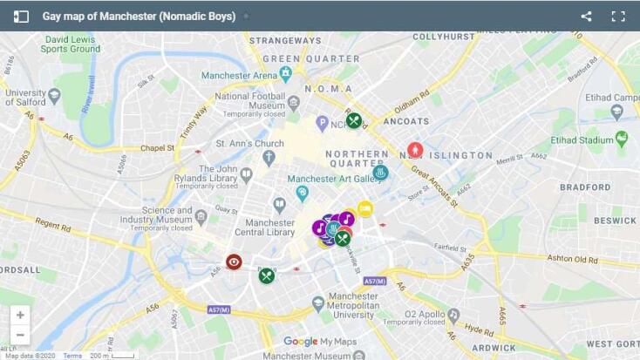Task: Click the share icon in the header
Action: coord(586,17)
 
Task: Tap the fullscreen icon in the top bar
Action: coord(618,17)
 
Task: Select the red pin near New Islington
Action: coord(415,150)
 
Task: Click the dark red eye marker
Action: coord(234,262)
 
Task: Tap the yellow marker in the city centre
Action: coord(365,208)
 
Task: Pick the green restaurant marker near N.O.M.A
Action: coord(353,120)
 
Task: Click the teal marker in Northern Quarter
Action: coord(380,173)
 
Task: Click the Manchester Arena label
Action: coord(240,76)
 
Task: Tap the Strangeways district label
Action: coord(285,40)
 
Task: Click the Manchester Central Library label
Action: coord(265,228)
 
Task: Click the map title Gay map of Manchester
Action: coord(139,17)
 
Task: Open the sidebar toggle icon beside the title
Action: coord(21,17)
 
